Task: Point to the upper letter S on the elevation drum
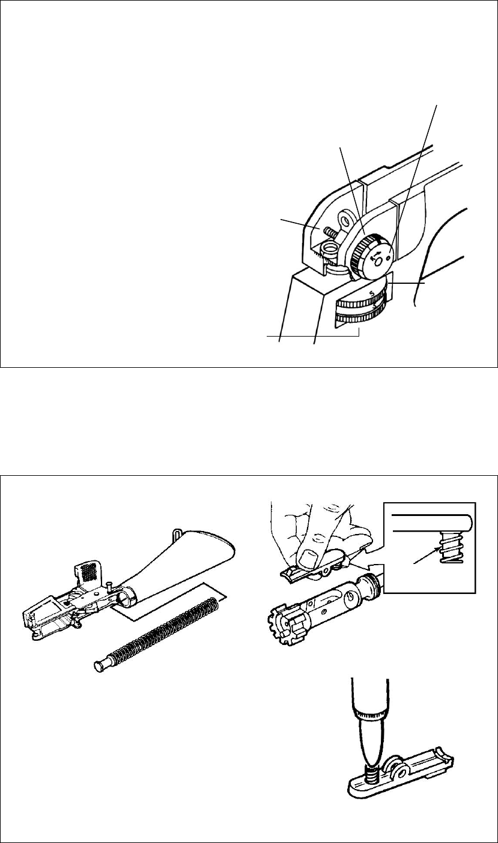point(372,293)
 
